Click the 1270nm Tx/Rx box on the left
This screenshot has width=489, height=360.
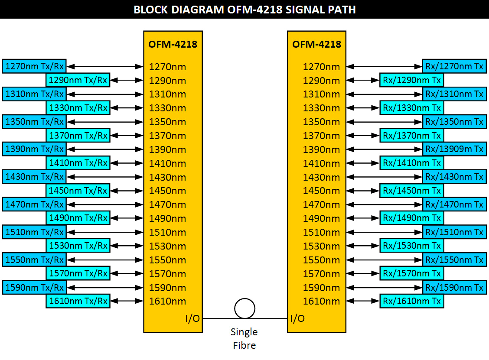[x=34, y=66]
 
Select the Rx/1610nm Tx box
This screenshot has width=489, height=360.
[x=412, y=301]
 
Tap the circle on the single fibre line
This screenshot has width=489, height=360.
[x=245, y=308]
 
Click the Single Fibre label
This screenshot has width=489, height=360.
[x=244, y=338]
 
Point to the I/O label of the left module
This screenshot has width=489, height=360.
[x=192, y=318]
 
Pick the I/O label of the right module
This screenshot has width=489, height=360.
[x=297, y=318]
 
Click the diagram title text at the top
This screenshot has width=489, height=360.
[x=245, y=10]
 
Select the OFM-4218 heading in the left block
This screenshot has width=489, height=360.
[x=173, y=44]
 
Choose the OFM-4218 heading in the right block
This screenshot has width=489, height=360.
[x=316, y=44]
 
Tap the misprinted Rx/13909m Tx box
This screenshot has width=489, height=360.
[x=454, y=149]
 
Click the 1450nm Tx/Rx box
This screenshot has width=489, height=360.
[x=78, y=191]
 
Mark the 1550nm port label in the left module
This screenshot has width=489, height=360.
[x=167, y=260]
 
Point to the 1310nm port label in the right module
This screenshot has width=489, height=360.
[x=321, y=94]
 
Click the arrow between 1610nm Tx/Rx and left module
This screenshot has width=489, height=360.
[x=127, y=301]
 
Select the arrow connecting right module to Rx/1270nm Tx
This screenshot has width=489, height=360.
[x=384, y=66]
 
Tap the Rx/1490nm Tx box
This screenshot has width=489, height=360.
[x=412, y=218]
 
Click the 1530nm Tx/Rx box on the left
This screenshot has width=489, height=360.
[x=78, y=246]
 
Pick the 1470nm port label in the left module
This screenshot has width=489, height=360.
[x=167, y=204]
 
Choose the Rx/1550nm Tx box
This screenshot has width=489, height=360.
[x=454, y=259]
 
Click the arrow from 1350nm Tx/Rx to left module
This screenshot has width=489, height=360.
[x=105, y=122]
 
